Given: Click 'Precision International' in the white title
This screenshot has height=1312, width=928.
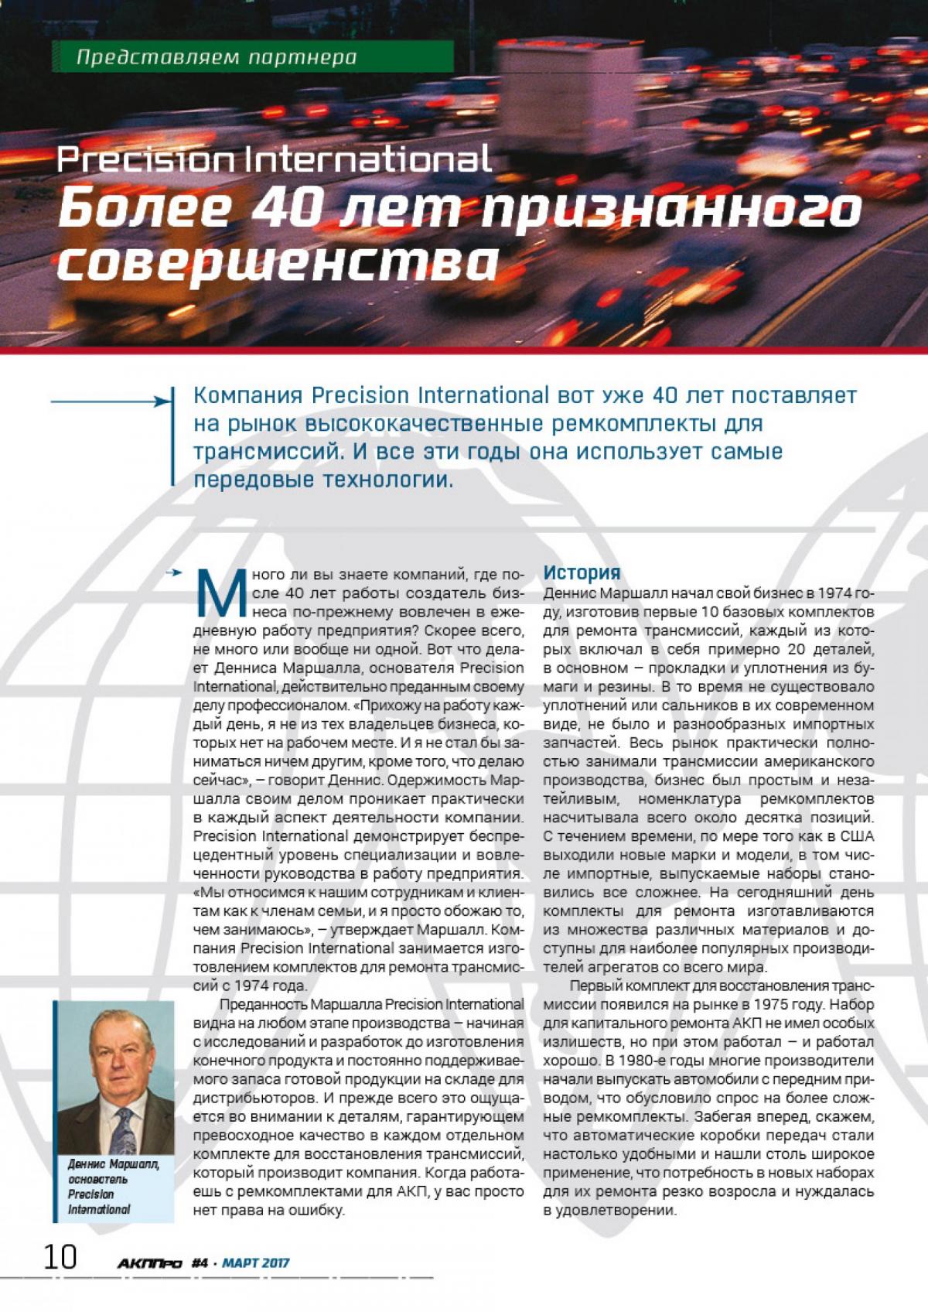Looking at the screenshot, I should point(275,161).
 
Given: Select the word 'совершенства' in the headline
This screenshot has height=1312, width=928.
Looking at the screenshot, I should point(277,262).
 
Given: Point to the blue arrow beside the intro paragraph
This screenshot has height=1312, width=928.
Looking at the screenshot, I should point(109,401).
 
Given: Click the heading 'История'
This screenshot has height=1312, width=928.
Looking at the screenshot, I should point(582,573).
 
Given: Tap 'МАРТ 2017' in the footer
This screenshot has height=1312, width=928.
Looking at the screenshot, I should point(255,1263).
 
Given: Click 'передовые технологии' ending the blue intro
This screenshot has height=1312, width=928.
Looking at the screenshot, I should point(320,480).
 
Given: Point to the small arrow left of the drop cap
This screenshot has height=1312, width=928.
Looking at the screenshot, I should point(177,573).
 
